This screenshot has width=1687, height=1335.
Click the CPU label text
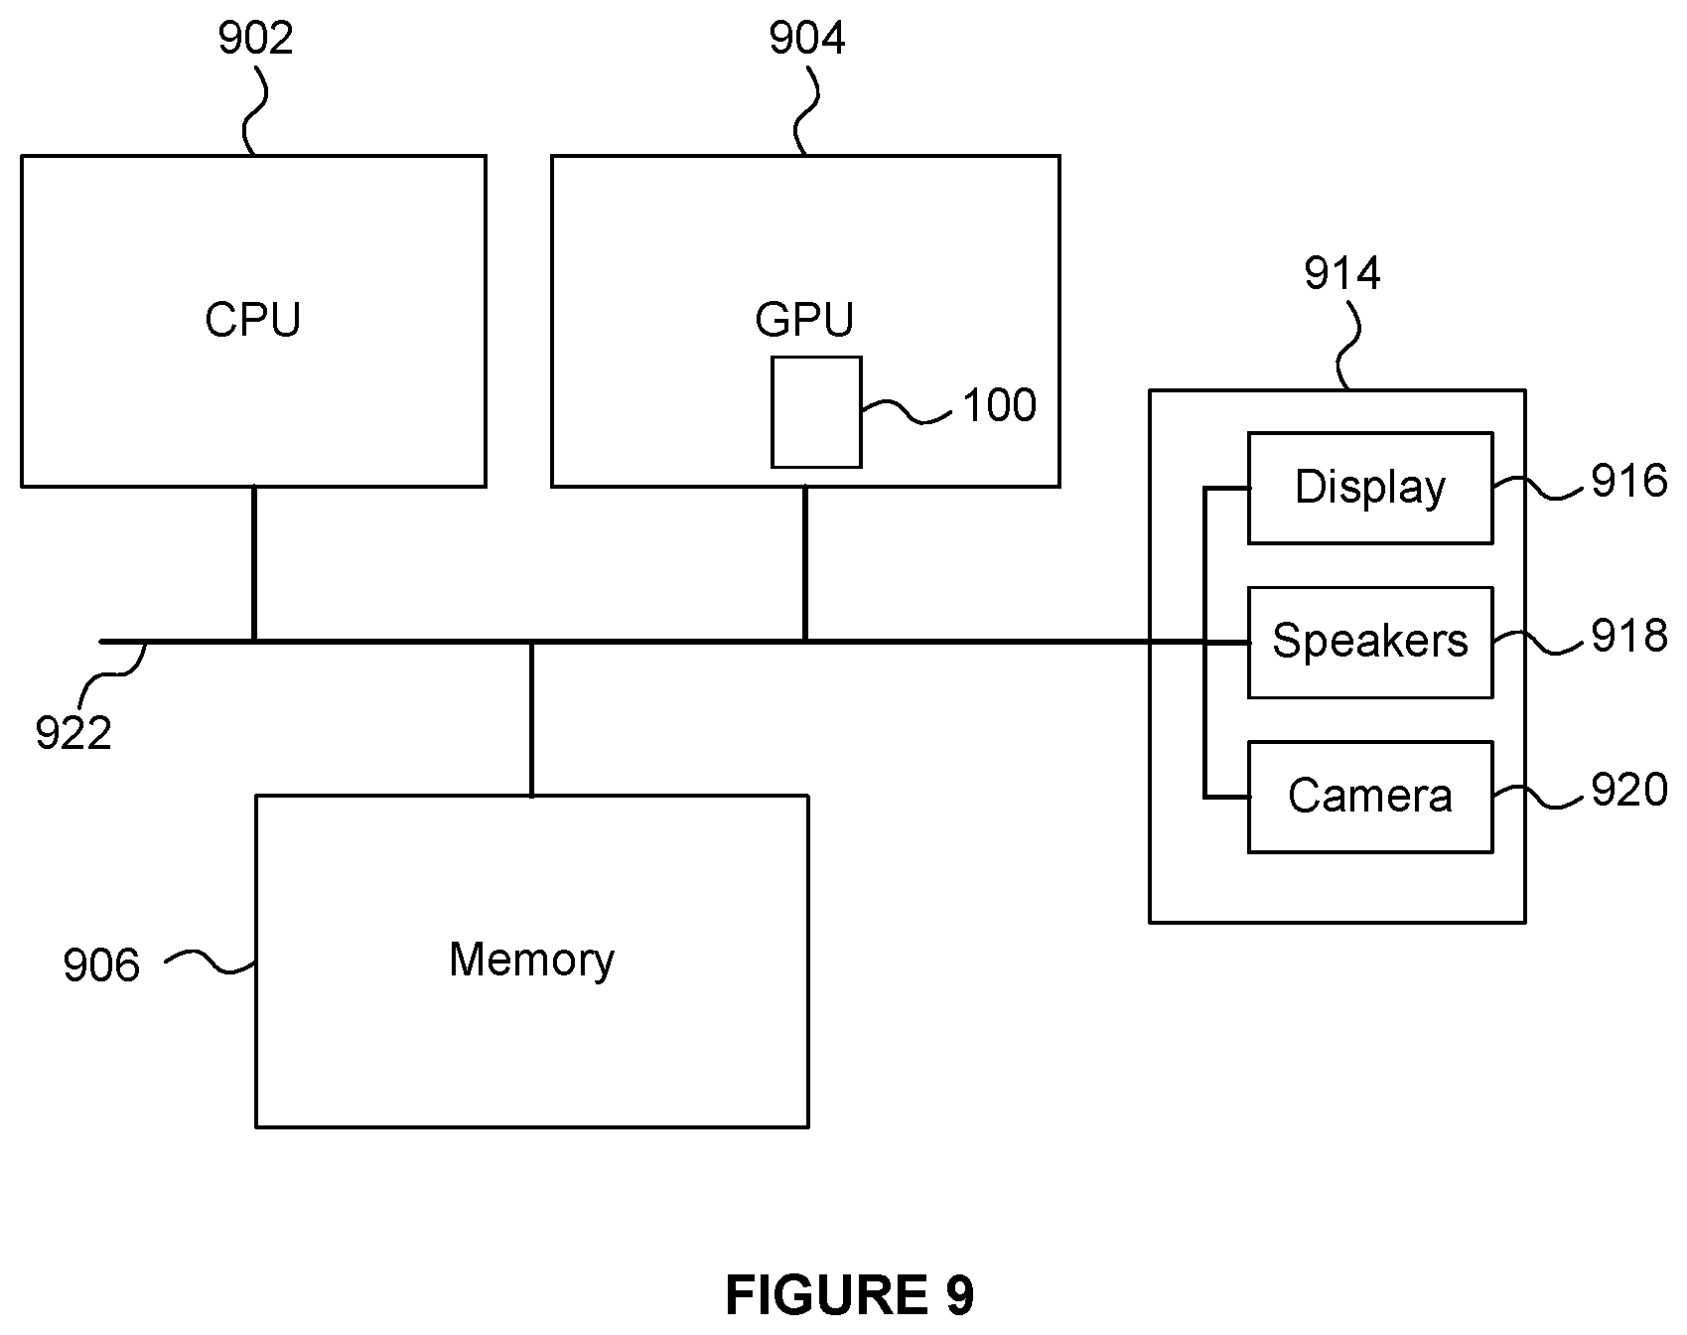coord(252,320)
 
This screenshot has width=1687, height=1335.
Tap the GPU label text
coord(804,320)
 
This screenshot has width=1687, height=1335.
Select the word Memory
coord(531,961)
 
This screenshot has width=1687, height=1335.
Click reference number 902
coord(256,39)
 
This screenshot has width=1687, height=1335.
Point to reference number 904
coord(807,39)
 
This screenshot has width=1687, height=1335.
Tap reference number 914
coord(1342,273)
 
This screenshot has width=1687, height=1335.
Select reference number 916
coord(1629,482)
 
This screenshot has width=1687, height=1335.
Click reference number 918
coord(1629,636)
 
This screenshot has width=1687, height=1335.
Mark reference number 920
coord(1629,790)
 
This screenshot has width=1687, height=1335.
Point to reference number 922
coord(73,734)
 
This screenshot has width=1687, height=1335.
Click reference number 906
coord(101,965)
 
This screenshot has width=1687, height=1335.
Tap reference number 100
coord(1000,405)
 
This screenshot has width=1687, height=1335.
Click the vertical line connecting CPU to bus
coord(254,564)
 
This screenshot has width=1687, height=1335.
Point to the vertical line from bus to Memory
coord(531,719)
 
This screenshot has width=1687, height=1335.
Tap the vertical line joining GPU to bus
coord(804,564)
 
